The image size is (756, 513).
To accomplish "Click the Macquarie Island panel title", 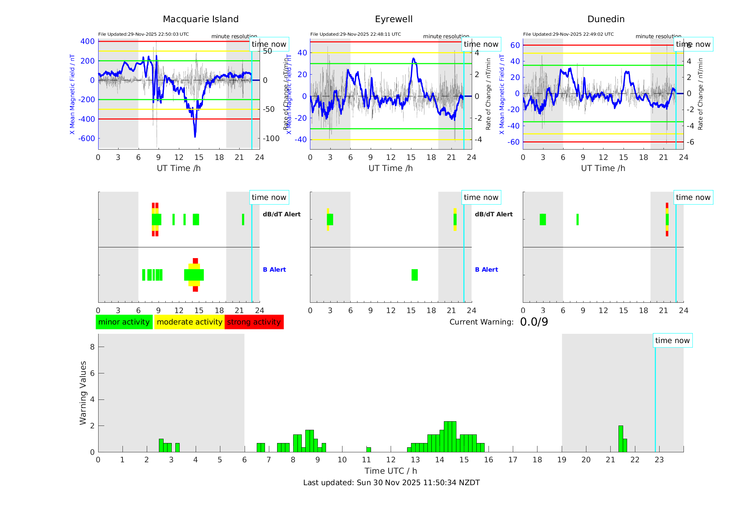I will click(x=200, y=19).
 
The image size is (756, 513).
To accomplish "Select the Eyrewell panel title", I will click(x=394, y=19).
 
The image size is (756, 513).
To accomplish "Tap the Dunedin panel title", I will click(x=606, y=19).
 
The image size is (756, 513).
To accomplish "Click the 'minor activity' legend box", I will click(x=124, y=322).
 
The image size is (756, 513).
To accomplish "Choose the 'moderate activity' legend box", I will click(x=189, y=322).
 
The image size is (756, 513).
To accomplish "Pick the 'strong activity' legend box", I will click(x=254, y=322).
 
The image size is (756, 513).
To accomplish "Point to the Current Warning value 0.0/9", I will click(x=534, y=322).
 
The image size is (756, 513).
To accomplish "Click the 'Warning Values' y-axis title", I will click(x=83, y=393).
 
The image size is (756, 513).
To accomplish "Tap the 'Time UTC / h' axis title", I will click(x=391, y=471).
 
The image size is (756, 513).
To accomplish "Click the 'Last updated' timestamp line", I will click(x=391, y=483).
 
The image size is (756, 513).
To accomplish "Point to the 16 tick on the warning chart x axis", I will click(x=488, y=460).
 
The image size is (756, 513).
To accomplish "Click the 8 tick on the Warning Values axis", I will click(x=92, y=347).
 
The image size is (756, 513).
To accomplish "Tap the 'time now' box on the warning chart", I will click(x=672, y=341).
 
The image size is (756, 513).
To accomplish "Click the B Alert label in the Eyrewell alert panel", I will click(x=486, y=270).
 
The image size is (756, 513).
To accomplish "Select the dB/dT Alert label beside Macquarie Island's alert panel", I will click(x=281, y=214).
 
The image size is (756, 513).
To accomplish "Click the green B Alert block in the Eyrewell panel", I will click(x=415, y=275).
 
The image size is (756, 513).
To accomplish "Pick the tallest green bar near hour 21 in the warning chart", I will click(x=621, y=439).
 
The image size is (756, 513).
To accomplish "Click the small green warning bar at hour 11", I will click(x=369, y=450).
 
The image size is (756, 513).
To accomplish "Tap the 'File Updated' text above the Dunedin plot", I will click(x=568, y=34).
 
